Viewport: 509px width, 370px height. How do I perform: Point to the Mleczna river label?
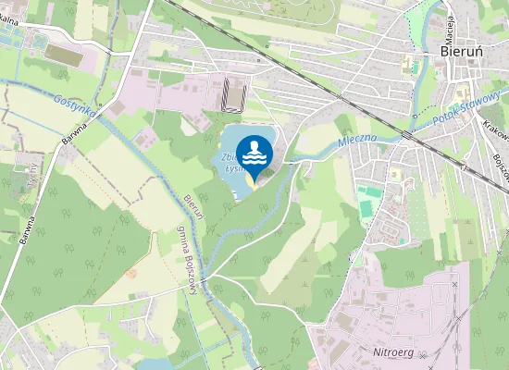tap(356, 142)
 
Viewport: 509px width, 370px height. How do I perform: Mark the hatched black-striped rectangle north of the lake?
tap(232, 94)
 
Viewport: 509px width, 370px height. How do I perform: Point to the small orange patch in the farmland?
tap(130, 273)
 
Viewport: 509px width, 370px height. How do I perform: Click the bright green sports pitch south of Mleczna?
tap(371, 192)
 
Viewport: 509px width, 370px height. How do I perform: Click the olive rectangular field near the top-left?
tap(63, 55)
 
